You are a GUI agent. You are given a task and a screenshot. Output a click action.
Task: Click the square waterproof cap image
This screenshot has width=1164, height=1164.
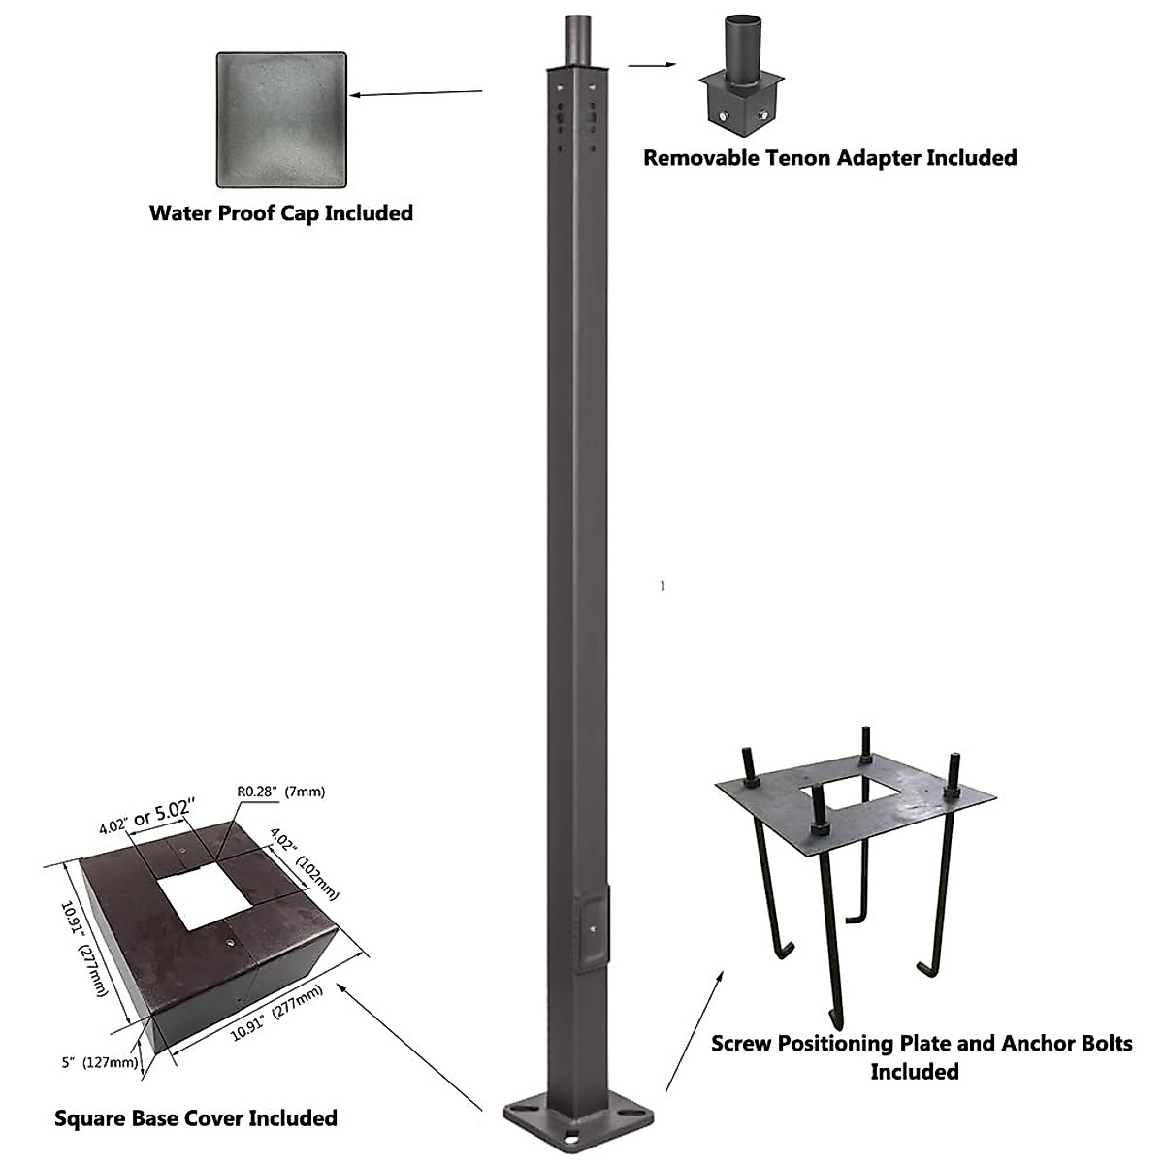click(x=281, y=119)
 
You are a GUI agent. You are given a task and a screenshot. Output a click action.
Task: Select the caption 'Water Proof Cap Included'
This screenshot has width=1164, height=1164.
click(x=281, y=213)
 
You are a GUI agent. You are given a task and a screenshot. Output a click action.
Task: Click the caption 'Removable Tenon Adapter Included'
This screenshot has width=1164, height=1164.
click(x=830, y=157)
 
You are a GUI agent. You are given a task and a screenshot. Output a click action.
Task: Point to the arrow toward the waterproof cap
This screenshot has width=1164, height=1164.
click(x=417, y=93)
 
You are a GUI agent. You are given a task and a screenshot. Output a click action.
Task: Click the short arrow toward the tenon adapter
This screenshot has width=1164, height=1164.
click(x=652, y=66)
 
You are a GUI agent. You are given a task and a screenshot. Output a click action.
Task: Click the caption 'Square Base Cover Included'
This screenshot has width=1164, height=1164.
click(x=196, y=1118)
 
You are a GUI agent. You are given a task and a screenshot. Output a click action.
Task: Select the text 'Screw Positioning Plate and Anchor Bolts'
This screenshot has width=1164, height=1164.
click(x=921, y=1044)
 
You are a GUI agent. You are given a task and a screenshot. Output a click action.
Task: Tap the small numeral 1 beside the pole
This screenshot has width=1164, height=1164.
click(x=662, y=586)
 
